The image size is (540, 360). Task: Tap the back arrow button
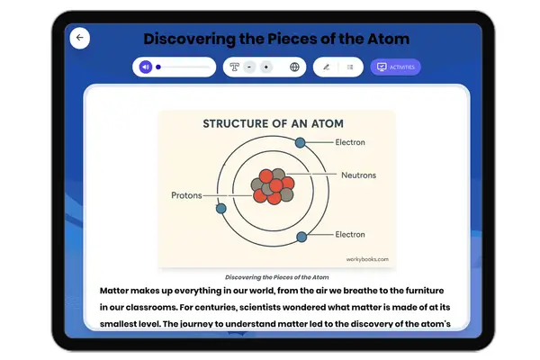click(x=80, y=38)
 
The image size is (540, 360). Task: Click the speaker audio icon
click(x=145, y=67)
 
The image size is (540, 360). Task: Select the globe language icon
click(x=294, y=67)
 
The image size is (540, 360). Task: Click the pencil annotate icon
click(x=326, y=67)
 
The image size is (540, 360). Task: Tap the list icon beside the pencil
click(x=350, y=67)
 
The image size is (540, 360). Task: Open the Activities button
click(x=395, y=67)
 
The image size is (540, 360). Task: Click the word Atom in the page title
click(x=383, y=39)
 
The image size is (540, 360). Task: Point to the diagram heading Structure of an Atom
click(x=273, y=123)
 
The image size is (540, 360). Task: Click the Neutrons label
click(x=358, y=175)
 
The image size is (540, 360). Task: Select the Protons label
click(x=186, y=194)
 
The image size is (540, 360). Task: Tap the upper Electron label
click(x=350, y=142)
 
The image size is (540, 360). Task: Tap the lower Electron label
click(x=350, y=234)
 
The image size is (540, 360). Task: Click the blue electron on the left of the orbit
click(x=220, y=208)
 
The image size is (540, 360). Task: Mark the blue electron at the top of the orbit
click(x=301, y=142)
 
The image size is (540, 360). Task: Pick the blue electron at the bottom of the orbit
click(x=302, y=235)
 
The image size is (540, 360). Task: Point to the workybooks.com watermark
click(x=367, y=259)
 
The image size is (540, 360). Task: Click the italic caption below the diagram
click(x=276, y=277)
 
